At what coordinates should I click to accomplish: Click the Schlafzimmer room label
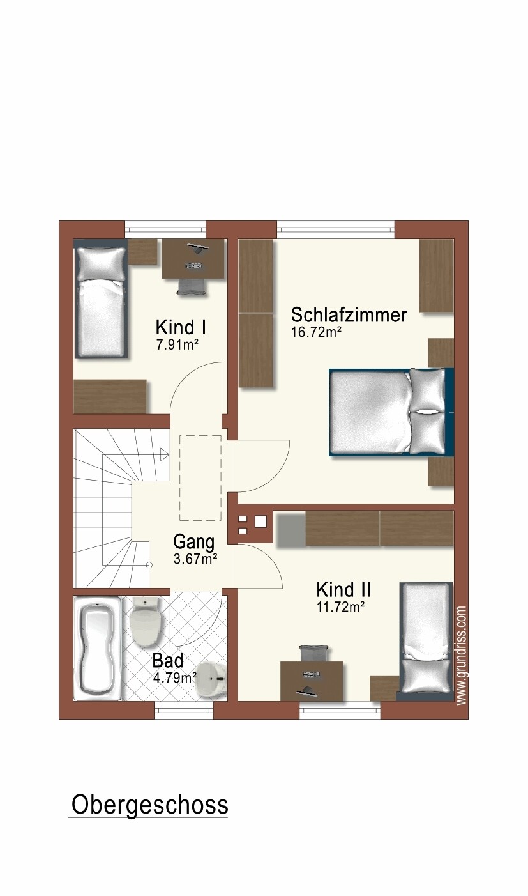tap(349, 315)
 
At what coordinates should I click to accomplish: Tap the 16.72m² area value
tap(317, 332)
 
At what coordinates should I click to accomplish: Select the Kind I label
tap(180, 328)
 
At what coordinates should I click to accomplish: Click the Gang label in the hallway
tap(193, 542)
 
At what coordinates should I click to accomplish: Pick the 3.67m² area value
tap(195, 559)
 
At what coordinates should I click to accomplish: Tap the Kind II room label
tap(343, 589)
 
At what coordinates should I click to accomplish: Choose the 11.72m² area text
tap(340, 607)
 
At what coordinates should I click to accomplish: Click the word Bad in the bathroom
tap(167, 661)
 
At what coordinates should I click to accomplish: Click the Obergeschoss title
tap(149, 805)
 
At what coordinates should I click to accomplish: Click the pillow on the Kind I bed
tap(101, 263)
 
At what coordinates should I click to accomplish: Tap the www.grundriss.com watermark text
tap(462, 656)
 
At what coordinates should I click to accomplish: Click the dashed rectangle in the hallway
tap(200, 477)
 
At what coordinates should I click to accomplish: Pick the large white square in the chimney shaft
tap(260, 521)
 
